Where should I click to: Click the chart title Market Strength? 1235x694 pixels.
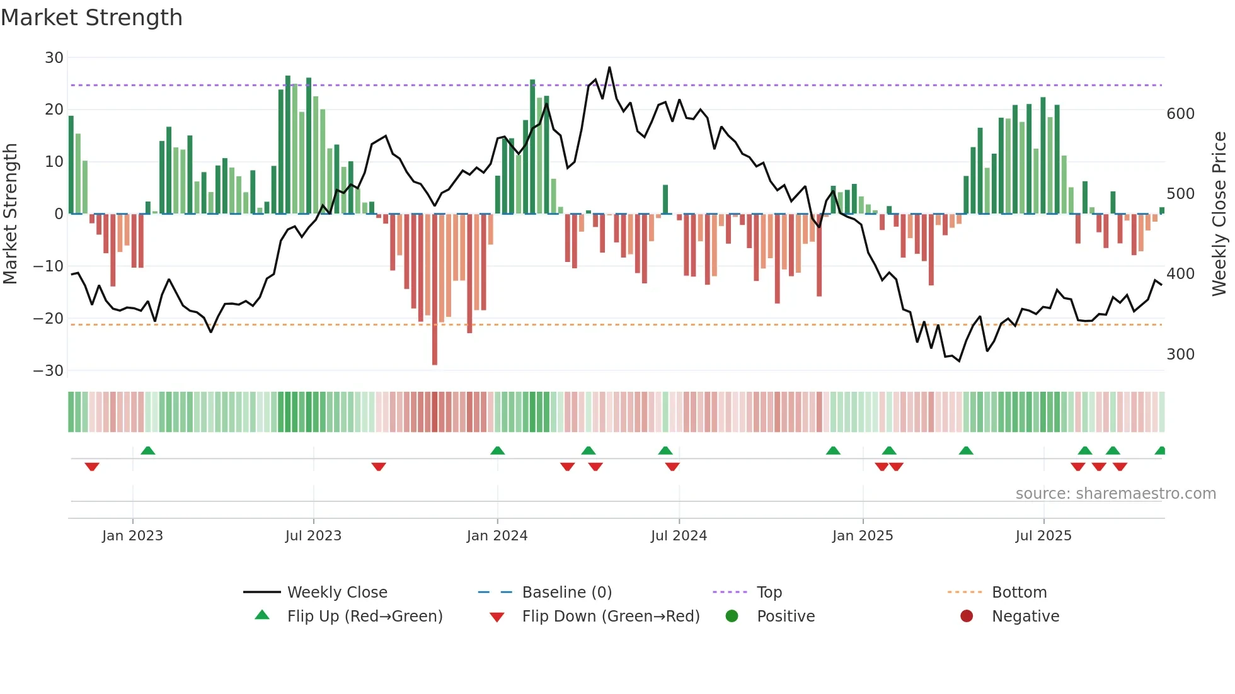[91, 18]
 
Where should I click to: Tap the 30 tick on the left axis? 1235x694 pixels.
[54, 58]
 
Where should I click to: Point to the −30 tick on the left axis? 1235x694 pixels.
[49, 371]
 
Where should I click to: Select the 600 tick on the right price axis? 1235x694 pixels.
[1180, 114]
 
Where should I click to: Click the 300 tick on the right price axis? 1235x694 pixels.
[1180, 355]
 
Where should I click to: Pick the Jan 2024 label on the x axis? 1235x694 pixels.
[497, 536]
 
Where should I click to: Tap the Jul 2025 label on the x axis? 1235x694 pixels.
[1043, 536]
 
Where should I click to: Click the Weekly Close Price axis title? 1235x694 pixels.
[1219, 214]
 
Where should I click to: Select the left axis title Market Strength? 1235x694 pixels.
[11, 214]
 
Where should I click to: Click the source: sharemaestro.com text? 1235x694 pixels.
[1115, 494]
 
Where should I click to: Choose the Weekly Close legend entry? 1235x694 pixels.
[337, 593]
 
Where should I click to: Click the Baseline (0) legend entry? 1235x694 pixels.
[566, 593]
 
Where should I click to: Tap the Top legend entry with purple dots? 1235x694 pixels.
[769, 593]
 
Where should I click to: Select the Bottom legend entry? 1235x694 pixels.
[1019, 593]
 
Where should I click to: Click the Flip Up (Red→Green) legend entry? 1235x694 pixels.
[364, 617]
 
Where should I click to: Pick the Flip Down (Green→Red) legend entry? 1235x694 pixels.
[611, 617]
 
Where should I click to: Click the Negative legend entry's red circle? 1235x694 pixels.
[967, 617]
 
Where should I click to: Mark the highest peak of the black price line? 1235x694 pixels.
[609, 67]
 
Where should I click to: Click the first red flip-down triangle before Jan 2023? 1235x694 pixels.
[92, 467]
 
